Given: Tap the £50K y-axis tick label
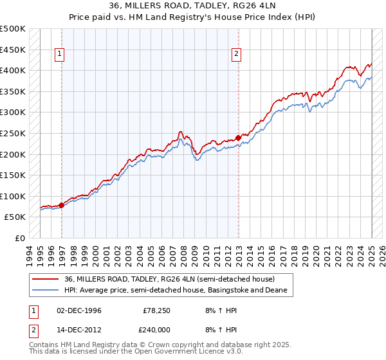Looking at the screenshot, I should (x=15, y=217).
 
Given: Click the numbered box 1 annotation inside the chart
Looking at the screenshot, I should (x=59, y=55).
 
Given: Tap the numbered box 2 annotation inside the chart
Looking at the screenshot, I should (x=237, y=55).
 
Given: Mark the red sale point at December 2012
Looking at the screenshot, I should (x=238, y=138).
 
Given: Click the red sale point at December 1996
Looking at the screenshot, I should (x=62, y=205).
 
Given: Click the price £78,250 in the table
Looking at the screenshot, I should (x=156, y=310).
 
